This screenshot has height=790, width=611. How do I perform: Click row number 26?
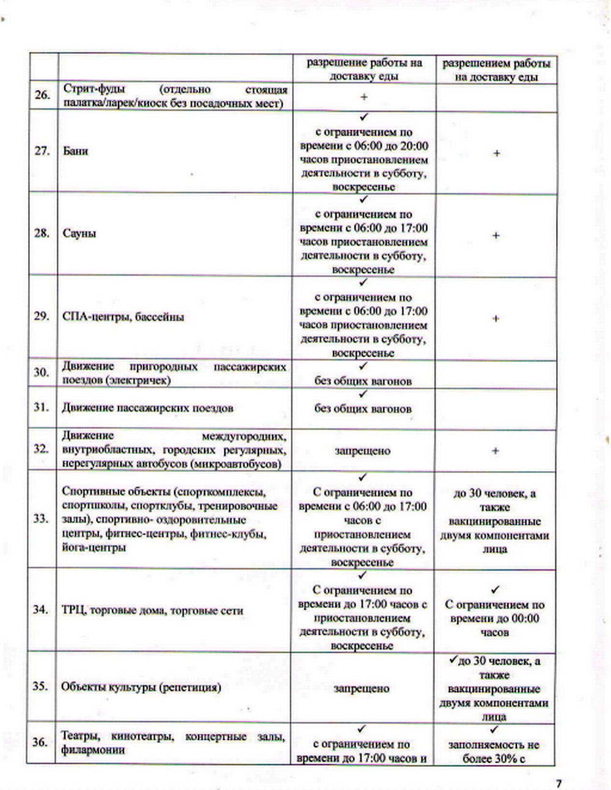click(x=42, y=95)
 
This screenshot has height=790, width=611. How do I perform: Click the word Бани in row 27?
click(x=75, y=150)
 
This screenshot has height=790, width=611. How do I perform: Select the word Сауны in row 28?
click(x=79, y=233)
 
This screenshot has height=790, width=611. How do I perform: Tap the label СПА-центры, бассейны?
click(x=123, y=316)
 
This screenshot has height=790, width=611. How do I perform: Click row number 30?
click(x=42, y=372)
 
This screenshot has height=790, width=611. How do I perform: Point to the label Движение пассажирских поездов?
click(x=147, y=408)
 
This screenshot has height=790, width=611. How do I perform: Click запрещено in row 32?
click(x=362, y=451)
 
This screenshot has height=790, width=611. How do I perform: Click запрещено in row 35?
click(x=362, y=688)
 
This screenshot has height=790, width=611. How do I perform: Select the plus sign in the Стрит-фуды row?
click(x=364, y=97)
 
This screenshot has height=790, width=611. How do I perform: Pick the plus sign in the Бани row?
click(x=496, y=153)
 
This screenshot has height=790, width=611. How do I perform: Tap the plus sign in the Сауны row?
click(x=496, y=235)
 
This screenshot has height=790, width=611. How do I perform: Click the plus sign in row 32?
click(x=495, y=451)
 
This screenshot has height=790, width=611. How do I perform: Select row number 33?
click(x=41, y=519)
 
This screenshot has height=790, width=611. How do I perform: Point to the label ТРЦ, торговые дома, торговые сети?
click(x=152, y=610)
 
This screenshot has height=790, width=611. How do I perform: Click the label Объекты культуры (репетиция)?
click(x=141, y=687)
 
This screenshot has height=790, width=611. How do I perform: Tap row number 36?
click(x=40, y=742)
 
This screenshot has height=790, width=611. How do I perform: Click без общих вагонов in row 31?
click(x=363, y=409)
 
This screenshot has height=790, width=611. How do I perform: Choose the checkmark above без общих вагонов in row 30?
click(x=363, y=366)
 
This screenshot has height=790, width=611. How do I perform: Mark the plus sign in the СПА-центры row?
click(x=496, y=318)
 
